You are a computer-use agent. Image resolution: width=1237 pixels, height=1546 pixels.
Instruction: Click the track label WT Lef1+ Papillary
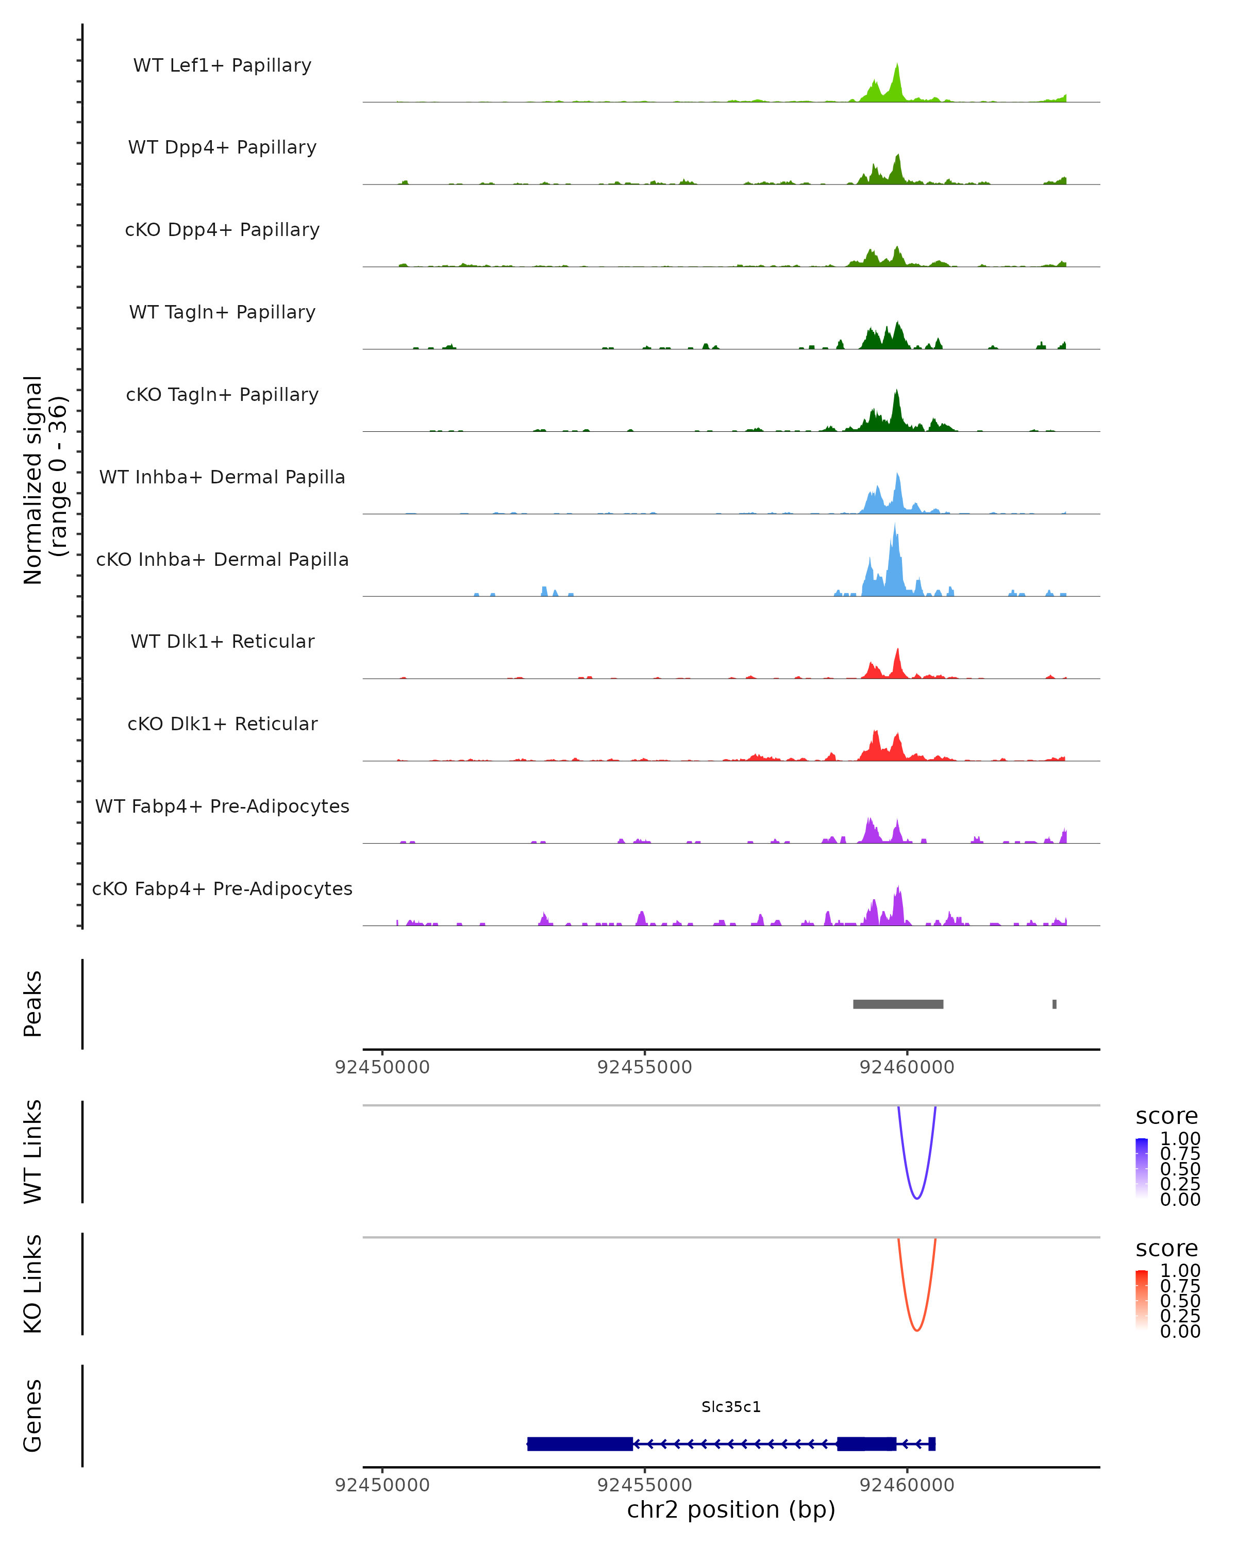tap(222, 65)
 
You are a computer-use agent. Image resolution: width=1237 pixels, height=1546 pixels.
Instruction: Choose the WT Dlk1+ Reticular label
tap(222, 641)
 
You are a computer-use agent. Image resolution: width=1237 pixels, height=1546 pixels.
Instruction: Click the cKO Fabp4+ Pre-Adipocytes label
tap(222, 888)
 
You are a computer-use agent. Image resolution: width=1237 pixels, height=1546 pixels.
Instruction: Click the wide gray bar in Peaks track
tap(898, 1004)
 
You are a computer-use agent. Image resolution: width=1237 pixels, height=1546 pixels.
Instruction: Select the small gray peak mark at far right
tap(1054, 1004)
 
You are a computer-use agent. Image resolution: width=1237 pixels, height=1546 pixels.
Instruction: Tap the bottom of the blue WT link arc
tap(916, 1198)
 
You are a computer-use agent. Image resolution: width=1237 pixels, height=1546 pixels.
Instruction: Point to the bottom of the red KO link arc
tap(916, 1330)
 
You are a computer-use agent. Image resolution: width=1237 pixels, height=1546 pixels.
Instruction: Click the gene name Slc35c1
tap(731, 1407)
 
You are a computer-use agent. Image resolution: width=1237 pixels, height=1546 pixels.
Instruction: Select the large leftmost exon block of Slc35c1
tap(579, 1443)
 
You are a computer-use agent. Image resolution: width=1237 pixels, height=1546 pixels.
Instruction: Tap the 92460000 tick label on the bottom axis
tap(907, 1485)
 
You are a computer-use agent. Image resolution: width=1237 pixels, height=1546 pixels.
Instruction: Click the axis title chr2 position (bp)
tap(731, 1510)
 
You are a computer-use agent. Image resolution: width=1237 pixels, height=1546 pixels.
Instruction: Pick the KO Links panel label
tap(33, 1284)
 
